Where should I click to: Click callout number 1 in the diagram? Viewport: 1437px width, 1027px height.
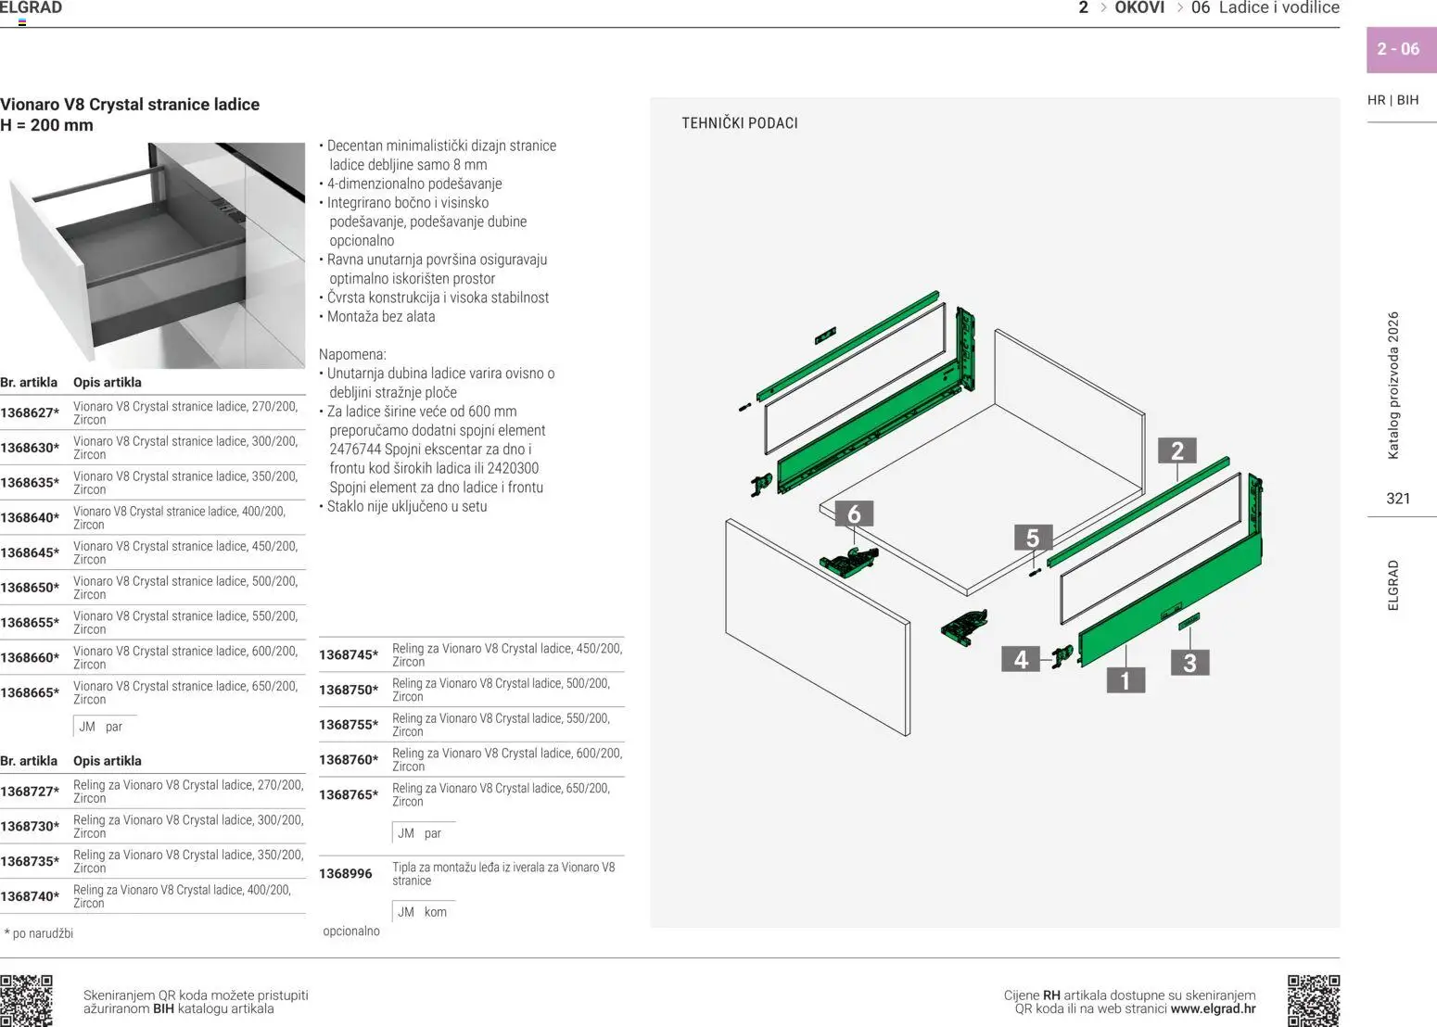tap(1125, 680)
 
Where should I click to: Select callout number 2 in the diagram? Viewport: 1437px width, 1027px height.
tap(1176, 450)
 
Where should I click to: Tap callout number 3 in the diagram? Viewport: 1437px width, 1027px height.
tap(1189, 663)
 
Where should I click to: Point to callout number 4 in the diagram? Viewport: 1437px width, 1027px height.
tap(1021, 659)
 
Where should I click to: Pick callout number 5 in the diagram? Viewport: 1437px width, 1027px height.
tap(1032, 538)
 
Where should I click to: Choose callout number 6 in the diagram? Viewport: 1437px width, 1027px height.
tap(854, 514)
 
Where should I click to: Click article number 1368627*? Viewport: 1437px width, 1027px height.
tap(30, 413)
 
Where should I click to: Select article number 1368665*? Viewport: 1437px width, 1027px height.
tap(30, 692)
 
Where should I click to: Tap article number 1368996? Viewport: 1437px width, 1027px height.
tap(345, 874)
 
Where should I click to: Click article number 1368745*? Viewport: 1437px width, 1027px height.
tap(349, 655)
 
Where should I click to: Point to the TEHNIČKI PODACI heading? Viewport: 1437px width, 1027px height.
tap(739, 123)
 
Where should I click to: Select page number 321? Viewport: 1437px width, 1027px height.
tap(1398, 499)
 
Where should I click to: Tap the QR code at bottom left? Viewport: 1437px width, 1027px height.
tap(26, 1000)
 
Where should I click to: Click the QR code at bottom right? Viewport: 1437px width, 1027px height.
tap(1314, 1000)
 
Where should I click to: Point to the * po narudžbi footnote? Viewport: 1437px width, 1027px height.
tap(39, 933)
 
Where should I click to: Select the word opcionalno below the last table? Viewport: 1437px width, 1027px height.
tap(350, 931)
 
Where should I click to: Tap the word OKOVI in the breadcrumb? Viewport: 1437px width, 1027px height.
tap(1138, 8)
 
